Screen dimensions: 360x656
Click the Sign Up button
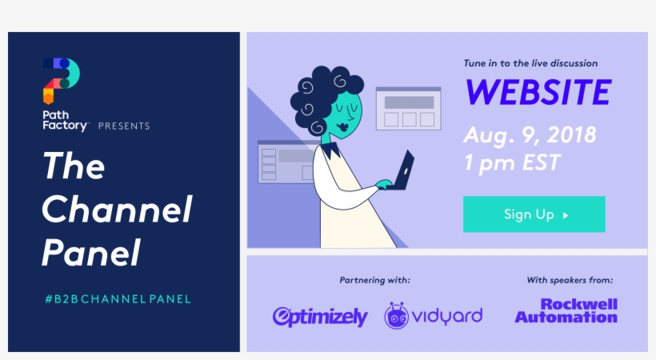tap(534, 214)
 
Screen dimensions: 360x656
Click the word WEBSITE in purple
tap(538, 93)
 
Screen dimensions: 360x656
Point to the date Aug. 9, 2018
tap(530, 134)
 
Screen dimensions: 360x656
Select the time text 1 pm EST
tap(512, 162)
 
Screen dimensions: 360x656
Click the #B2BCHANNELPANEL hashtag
tap(118, 299)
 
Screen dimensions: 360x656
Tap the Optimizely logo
tap(320, 316)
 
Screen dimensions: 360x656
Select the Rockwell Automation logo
tap(566, 311)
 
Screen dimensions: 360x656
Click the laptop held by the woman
tap(405, 169)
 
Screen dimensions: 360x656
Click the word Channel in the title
tap(117, 210)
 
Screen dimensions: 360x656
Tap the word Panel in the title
tap(90, 253)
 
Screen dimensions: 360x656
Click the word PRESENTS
tap(124, 126)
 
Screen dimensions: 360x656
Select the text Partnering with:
tap(375, 280)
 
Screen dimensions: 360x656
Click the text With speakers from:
tap(570, 280)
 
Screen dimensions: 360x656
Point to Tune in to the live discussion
tap(530, 63)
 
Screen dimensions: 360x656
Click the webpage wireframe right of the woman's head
tap(408, 109)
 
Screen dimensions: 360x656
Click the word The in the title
tap(74, 166)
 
